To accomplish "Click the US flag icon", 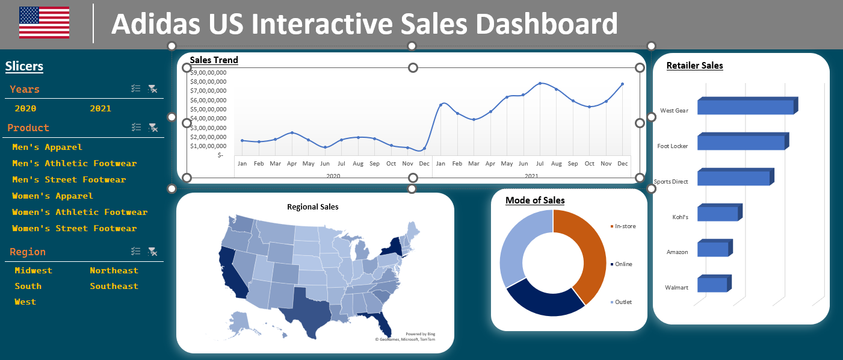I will [44, 23].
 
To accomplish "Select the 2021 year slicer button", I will [100, 109].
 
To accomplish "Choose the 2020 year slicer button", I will [25, 109].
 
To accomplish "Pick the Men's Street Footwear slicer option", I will [69, 180].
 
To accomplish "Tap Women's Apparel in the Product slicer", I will [52, 196].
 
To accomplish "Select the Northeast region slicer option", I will [114, 271].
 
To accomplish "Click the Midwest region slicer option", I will [33, 271].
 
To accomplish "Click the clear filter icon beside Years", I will [153, 89].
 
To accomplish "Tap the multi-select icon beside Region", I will [136, 252].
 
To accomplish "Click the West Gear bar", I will [745, 107].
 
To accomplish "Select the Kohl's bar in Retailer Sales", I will [717, 214].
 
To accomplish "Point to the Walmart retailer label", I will [676, 288].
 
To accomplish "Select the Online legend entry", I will [623, 264].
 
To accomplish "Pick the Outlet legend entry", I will [623, 302].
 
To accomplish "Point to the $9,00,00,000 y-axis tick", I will [208, 72].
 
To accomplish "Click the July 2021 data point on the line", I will [540, 83].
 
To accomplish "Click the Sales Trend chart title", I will [214, 60].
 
